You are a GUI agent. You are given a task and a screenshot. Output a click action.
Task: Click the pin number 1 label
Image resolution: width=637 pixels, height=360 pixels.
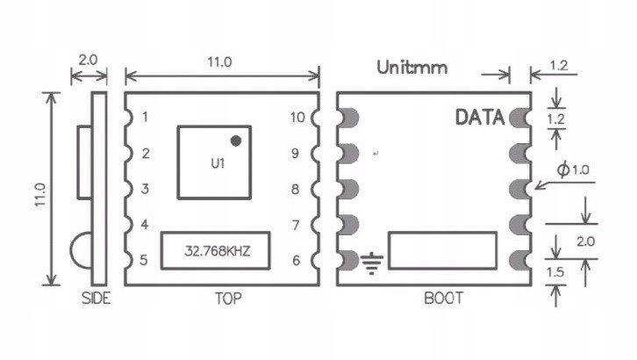(145, 117)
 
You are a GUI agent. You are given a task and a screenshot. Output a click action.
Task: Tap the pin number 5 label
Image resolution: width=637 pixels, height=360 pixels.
(145, 261)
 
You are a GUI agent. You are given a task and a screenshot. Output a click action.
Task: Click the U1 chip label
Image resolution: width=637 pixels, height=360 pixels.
(216, 163)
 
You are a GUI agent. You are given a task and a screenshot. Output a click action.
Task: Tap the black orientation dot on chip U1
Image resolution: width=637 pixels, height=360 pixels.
(236, 140)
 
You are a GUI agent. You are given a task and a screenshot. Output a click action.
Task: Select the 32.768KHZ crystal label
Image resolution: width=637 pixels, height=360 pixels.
(216, 250)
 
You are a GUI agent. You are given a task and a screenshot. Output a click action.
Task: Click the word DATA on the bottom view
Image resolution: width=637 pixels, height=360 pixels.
(480, 118)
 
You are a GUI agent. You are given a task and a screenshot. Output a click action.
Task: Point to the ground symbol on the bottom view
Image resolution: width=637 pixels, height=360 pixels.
(374, 262)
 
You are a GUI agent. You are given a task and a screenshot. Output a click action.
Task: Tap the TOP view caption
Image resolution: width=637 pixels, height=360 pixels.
(227, 298)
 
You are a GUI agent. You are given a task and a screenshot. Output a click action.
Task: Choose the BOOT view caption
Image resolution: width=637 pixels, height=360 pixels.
(443, 298)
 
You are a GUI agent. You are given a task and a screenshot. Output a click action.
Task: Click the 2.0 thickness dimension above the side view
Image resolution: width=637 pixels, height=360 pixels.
(89, 61)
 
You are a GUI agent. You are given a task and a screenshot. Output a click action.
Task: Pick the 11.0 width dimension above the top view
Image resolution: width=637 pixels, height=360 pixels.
(219, 62)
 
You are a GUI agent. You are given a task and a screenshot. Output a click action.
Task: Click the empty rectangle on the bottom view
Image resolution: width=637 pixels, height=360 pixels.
(444, 250)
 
